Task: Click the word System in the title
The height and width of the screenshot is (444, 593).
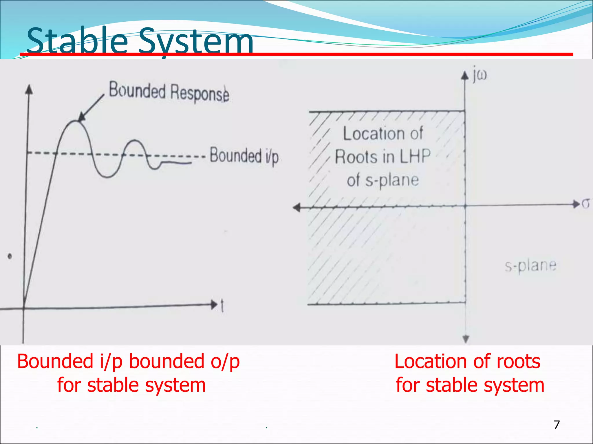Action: (196, 42)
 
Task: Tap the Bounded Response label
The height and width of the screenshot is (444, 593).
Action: (169, 92)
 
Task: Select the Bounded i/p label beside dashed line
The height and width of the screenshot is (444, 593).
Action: (244, 156)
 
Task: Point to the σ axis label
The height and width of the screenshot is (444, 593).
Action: (585, 204)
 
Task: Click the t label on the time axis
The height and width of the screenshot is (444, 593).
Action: (222, 306)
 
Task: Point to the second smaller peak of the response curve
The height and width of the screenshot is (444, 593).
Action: (135, 141)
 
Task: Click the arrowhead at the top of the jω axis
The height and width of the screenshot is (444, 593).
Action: (465, 75)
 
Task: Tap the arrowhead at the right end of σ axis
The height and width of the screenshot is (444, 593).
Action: (576, 204)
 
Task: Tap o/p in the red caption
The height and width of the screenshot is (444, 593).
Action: (225, 361)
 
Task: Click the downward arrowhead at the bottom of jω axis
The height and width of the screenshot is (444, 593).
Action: (466, 339)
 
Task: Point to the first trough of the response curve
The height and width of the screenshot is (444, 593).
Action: (107, 176)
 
